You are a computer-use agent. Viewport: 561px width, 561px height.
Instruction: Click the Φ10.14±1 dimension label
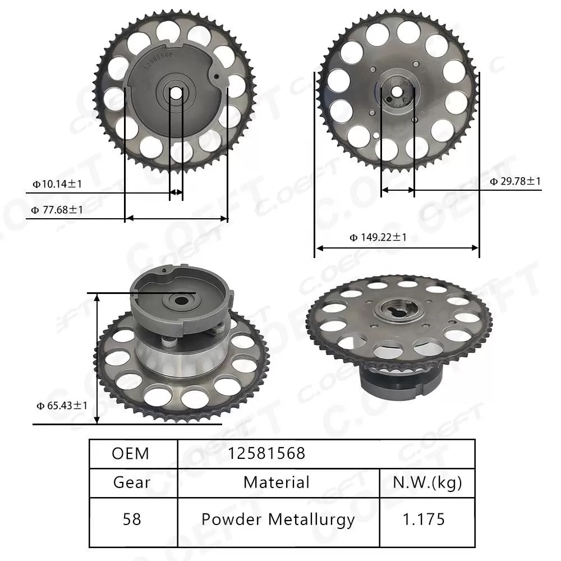pos(57,183)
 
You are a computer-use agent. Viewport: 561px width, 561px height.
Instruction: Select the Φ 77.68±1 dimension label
pos(57,210)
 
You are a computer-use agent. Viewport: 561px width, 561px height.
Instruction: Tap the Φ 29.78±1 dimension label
pos(515,181)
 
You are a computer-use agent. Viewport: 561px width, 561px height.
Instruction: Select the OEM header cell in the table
pos(131,453)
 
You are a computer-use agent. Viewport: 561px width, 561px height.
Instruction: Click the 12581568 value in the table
pos(266,453)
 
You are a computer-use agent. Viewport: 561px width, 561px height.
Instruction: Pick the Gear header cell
pos(132,482)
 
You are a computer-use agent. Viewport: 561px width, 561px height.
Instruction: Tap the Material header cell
pos(277,482)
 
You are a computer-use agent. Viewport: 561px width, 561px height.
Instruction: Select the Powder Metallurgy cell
pos(278,520)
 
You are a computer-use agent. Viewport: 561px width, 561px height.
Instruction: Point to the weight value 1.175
pos(425,520)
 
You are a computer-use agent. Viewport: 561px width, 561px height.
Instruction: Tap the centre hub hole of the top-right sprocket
pos(397,91)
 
